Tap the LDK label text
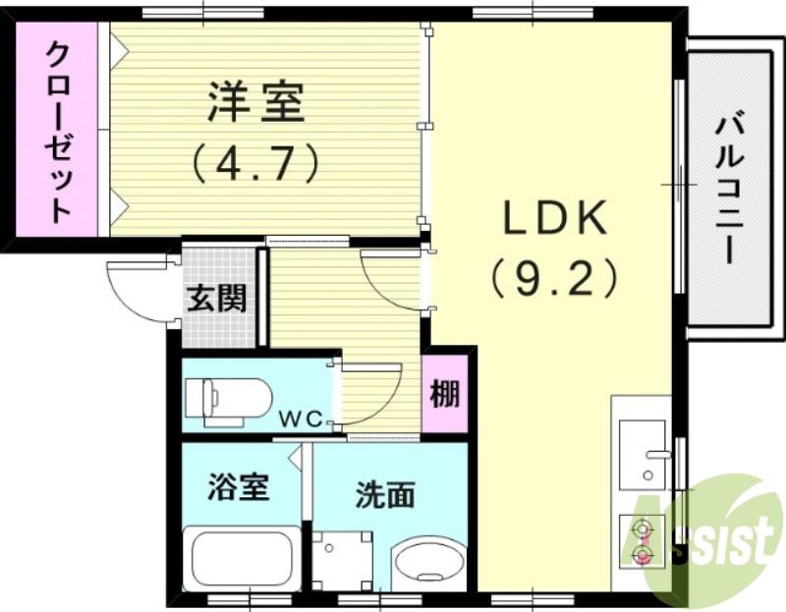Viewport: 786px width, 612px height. click(x=557, y=221)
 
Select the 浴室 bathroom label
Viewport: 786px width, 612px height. click(x=240, y=486)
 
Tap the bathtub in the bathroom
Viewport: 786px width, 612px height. click(x=242, y=560)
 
